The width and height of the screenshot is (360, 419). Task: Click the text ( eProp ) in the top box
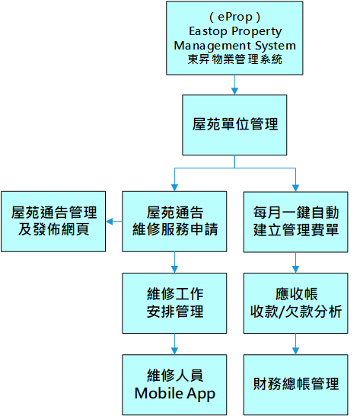tap(234, 17)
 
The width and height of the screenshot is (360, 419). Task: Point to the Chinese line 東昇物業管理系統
tap(234, 59)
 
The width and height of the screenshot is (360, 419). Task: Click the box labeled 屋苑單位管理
tap(234, 125)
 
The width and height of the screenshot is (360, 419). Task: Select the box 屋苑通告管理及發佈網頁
tap(53, 222)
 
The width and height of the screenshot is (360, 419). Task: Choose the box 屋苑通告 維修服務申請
tap(174, 222)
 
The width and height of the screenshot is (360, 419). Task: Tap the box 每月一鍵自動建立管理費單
tap(295, 222)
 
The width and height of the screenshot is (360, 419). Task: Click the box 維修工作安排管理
tap(174, 303)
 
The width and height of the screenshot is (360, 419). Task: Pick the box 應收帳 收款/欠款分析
tap(295, 303)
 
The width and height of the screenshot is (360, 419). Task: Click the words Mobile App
tap(175, 394)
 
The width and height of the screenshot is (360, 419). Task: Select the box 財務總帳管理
tap(295, 385)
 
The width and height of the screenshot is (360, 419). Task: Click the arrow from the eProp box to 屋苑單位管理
tap(234, 85)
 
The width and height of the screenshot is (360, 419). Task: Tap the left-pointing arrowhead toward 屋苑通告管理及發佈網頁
tap(110, 222)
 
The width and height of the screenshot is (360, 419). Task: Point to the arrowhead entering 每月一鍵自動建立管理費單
tap(295, 188)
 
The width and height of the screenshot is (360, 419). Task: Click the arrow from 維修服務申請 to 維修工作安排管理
tap(174, 262)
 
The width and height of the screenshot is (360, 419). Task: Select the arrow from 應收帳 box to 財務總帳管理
tap(295, 344)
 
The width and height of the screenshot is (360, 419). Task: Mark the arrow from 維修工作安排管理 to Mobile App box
tap(174, 344)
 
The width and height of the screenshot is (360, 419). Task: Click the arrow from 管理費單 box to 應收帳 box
tap(295, 263)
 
